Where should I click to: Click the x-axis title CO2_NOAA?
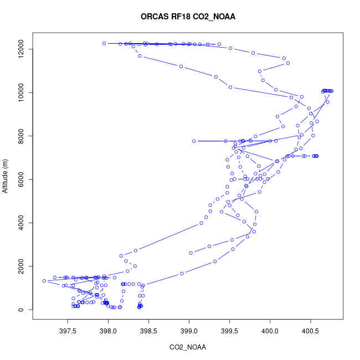point(188,347)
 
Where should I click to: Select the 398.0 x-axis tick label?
point(108,331)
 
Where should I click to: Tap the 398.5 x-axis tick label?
point(148,331)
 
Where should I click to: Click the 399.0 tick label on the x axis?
point(189,331)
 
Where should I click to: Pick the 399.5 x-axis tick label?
point(229,331)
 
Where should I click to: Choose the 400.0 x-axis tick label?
point(270,331)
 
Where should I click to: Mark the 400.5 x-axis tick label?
point(310,331)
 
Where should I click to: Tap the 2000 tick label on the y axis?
point(21,266)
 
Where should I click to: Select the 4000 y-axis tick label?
point(21,223)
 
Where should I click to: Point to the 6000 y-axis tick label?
point(21,179)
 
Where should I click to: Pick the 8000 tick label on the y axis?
point(21,136)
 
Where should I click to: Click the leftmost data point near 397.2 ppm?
point(44,281)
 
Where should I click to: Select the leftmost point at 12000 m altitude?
point(104,43)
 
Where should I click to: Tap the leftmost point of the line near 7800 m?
point(194,141)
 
